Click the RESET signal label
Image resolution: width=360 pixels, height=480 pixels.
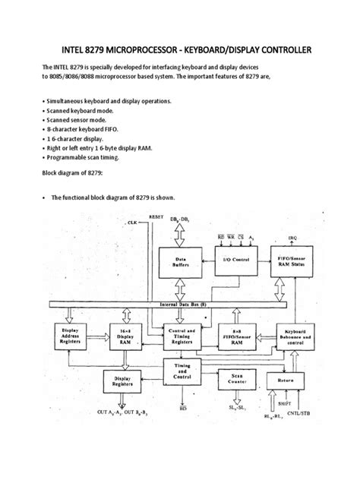click(x=156, y=217)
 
